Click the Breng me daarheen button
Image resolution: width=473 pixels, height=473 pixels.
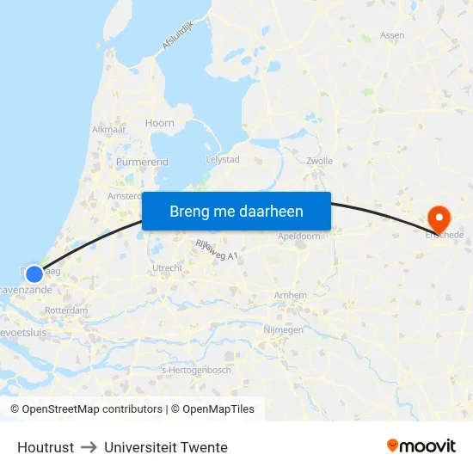(x=236, y=212)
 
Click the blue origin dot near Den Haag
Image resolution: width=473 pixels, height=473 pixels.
(x=34, y=274)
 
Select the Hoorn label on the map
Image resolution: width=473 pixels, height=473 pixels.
(x=160, y=123)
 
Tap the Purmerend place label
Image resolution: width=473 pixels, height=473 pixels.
(x=142, y=162)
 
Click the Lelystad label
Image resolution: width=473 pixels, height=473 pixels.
(x=223, y=160)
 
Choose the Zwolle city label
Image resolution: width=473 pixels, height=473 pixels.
(x=319, y=161)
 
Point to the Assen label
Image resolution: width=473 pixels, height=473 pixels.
(x=392, y=36)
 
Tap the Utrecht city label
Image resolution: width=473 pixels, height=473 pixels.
(x=167, y=268)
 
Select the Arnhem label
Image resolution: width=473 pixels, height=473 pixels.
(x=291, y=295)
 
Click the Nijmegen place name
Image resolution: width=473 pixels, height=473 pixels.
(x=283, y=329)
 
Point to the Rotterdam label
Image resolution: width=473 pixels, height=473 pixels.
(x=66, y=310)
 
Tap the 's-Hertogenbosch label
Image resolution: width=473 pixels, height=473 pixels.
(x=196, y=370)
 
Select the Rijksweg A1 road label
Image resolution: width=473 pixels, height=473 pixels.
(x=216, y=250)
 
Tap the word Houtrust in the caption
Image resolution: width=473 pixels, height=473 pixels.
(x=46, y=447)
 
